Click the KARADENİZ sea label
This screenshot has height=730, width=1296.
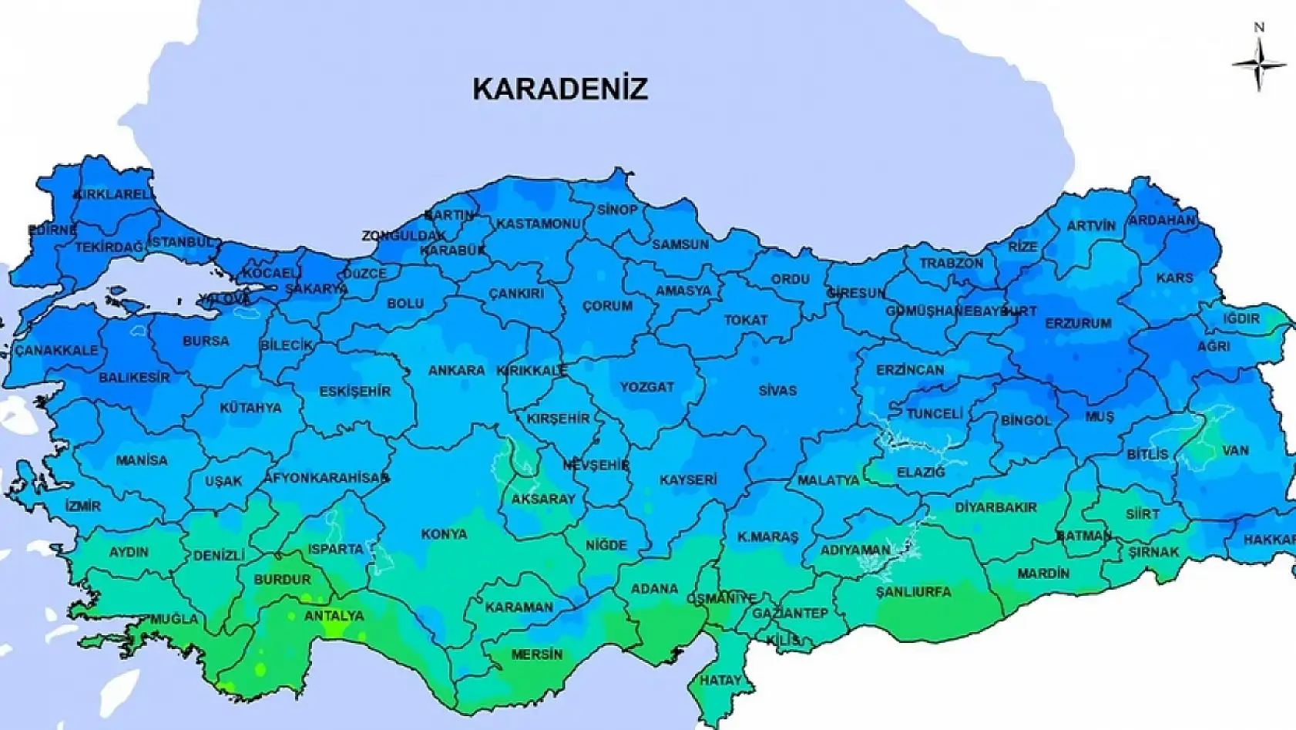(560, 89)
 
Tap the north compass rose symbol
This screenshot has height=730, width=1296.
(1259, 65)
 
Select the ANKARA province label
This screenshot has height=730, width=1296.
(456, 371)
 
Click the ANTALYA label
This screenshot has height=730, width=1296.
(334, 616)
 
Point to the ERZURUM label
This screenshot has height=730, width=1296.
(1078, 324)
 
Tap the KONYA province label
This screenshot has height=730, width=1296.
(444, 533)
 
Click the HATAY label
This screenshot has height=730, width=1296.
(720, 680)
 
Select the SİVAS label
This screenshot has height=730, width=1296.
(777, 391)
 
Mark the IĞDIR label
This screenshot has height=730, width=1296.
(1241, 318)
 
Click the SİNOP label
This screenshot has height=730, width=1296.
(617, 210)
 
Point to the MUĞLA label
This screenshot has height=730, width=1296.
(175, 619)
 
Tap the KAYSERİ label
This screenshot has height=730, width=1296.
(688, 479)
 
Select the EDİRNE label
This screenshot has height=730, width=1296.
(52, 230)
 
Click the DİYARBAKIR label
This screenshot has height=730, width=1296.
(996, 507)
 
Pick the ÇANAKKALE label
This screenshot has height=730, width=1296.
(57, 350)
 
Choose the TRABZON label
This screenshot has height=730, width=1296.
(951, 263)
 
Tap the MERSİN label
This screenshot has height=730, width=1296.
(537, 654)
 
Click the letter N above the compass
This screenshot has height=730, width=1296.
(1259, 28)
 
